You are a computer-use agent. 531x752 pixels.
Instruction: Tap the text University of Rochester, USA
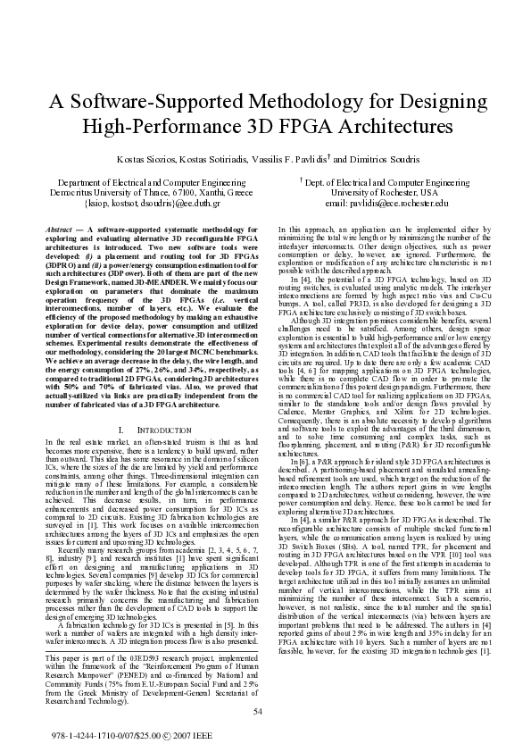pyautogui.click(x=385, y=192)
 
